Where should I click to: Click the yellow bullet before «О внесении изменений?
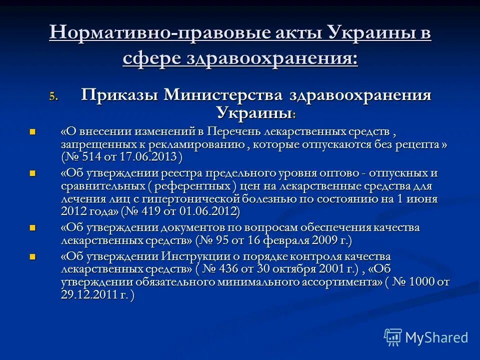(33, 132)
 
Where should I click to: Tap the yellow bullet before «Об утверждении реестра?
(33, 173)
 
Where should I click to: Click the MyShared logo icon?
(393, 337)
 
